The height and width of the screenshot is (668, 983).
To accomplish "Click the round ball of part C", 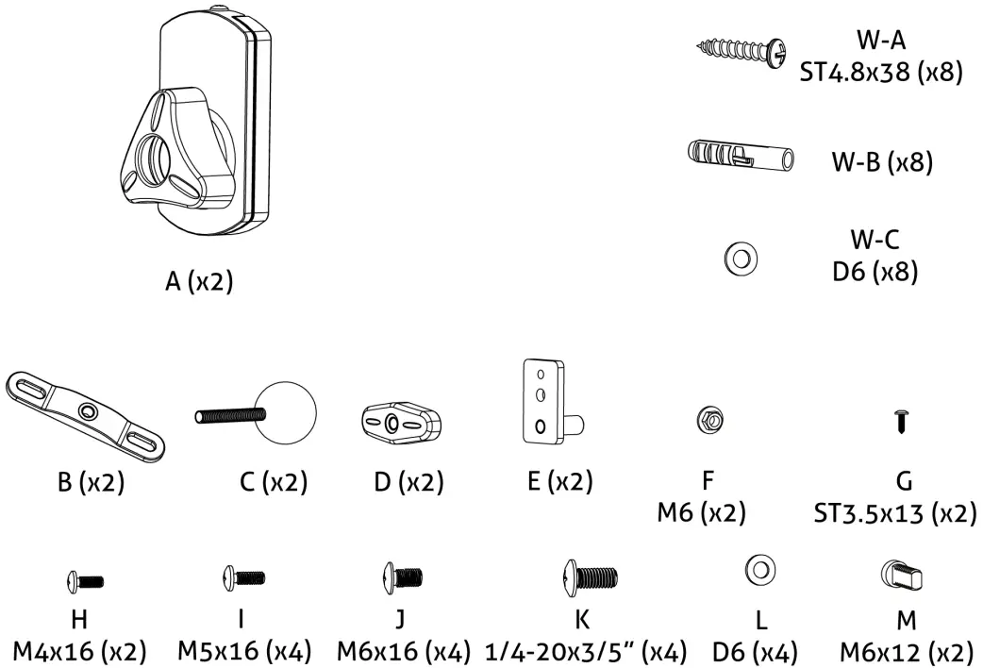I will pos(287,412).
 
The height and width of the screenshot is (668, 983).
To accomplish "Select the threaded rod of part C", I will pos(232,414).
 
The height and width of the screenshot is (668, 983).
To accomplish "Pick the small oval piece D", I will pos(402,423).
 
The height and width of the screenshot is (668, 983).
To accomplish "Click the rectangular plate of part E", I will pos(539,400).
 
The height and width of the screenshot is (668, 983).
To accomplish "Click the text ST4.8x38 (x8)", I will pos(881,73).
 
